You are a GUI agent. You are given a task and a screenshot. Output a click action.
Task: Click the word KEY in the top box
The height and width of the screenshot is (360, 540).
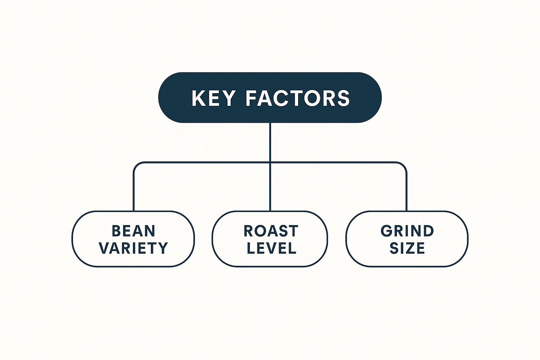click(213, 98)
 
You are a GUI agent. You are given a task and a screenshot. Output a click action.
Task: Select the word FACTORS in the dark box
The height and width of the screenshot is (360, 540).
click(297, 98)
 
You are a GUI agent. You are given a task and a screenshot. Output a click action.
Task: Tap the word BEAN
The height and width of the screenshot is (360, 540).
click(133, 231)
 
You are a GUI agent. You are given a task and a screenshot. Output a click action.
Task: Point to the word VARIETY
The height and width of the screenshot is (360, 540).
click(133, 248)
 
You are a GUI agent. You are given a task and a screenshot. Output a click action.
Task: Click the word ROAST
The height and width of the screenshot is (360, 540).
click(271, 231)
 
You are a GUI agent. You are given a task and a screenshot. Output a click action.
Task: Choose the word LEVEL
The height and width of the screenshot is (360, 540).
click(271, 248)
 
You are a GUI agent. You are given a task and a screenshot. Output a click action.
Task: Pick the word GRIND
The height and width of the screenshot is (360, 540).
click(407, 231)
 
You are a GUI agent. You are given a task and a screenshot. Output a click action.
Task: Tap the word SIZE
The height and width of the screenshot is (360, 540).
click(407, 248)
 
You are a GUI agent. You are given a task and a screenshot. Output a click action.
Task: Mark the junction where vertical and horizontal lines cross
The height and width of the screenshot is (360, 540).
click(270, 162)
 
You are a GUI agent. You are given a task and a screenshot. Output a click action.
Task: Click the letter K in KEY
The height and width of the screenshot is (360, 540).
click(198, 98)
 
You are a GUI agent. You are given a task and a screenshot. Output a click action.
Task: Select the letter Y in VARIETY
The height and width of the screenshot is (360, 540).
click(163, 248)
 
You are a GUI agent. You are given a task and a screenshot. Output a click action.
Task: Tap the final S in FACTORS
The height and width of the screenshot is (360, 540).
click(343, 98)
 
